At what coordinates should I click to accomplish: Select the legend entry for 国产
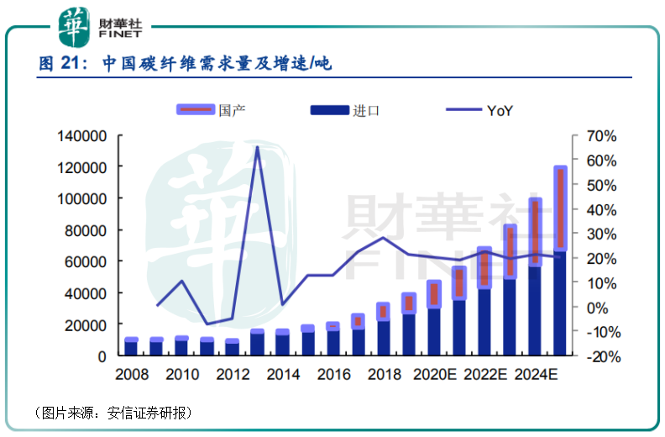[210, 110]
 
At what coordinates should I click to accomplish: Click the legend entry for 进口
[344, 110]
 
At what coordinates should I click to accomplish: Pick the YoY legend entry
[479, 110]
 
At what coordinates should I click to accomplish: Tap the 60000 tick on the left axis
[84, 262]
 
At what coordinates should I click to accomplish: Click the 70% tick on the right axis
[602, 136]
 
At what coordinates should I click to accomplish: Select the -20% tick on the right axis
[600, 356]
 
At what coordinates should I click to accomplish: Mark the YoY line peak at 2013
[257, 148]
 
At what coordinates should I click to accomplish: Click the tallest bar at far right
[560, 261]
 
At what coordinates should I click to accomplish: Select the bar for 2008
[131, 346]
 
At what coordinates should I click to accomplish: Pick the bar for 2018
[384, 329]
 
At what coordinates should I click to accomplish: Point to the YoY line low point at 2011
[207, 324]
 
